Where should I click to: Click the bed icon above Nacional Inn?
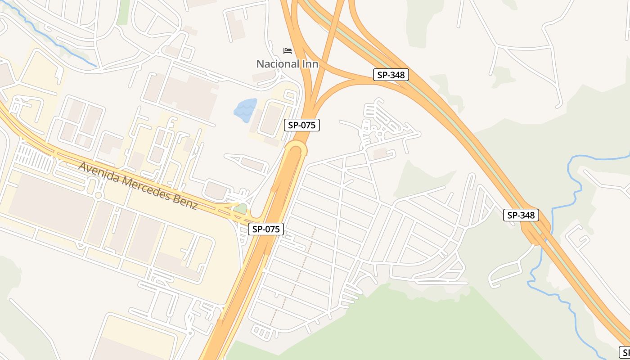288,50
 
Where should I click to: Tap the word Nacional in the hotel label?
279,64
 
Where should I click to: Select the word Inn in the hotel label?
310,64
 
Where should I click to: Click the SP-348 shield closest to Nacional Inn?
391,75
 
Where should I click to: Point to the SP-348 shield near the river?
521,215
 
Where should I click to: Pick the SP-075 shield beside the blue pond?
301,125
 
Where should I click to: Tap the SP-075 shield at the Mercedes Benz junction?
266,229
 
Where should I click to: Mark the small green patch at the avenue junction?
241,209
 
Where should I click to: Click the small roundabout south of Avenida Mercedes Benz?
98,195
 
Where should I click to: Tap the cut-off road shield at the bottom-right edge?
625,352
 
